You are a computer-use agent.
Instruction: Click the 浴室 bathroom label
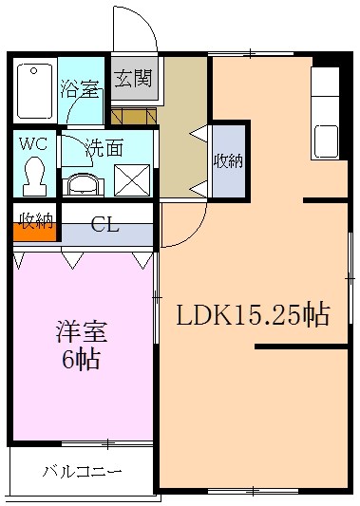click(x=80, y=90)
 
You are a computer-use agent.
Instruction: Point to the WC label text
click(x=34, y=144)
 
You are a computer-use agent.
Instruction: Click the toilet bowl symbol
click(x=35, y=173)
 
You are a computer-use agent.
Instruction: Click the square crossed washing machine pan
click(x=131, y=179)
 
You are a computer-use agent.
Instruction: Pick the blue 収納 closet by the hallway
click(x=228, y=160)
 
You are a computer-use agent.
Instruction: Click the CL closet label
click(x=104, y=225)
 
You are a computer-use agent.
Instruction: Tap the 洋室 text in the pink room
click(x=80, y=334)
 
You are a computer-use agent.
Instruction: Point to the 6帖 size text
click(x=80, y=361)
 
